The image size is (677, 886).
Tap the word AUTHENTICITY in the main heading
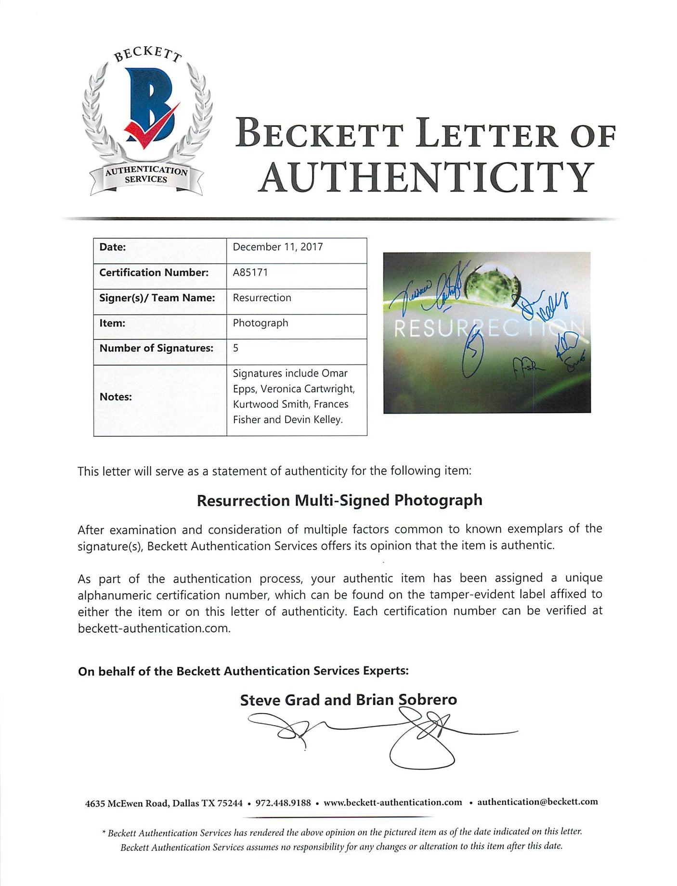426,177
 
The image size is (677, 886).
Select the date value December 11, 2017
278,247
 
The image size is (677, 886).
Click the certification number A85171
250,273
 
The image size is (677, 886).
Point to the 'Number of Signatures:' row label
156,348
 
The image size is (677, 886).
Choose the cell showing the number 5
235,348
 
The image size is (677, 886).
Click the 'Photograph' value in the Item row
260,323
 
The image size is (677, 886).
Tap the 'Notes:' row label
116,397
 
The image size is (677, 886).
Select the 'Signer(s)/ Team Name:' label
157,298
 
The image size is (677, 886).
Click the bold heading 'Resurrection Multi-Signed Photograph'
339,500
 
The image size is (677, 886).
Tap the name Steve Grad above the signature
280,700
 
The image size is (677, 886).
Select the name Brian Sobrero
406,700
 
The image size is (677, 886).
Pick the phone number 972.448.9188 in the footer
283,802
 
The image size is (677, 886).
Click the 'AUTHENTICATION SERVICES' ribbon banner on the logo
146,175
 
